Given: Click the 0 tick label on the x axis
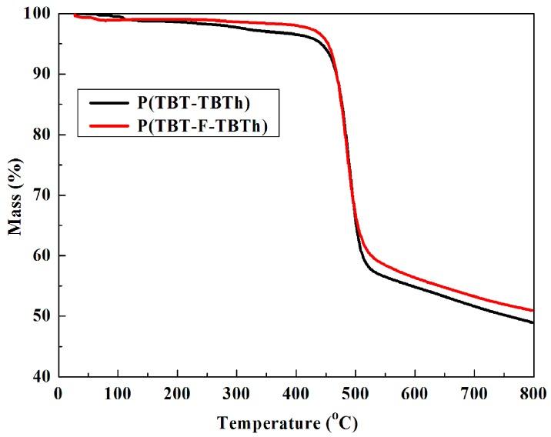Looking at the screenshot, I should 58,393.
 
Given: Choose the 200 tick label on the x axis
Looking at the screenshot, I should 177,393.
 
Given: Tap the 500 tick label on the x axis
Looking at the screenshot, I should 356,393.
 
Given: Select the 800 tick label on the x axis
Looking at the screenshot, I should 533,393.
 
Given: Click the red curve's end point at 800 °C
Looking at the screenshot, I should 533,310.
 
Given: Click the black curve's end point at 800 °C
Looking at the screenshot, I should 533,322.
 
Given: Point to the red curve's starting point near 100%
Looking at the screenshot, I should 75,15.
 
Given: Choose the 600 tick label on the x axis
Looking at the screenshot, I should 415,393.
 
